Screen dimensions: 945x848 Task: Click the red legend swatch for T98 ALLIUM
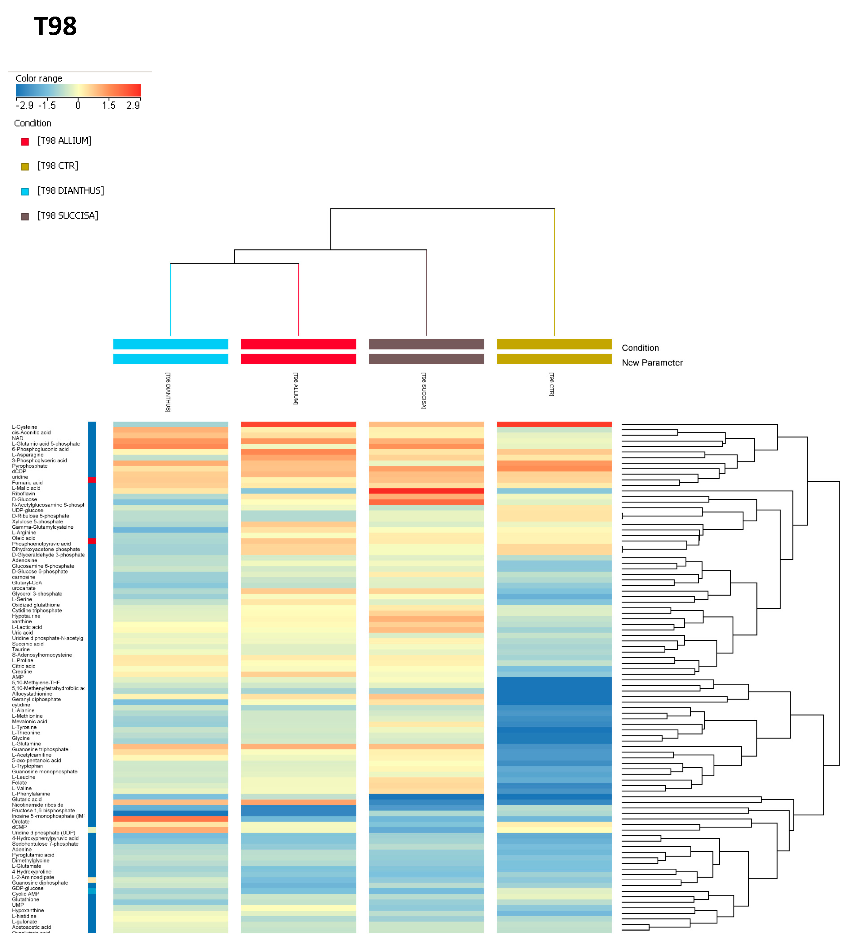pos(25,142)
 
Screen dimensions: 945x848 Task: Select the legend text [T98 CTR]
pos(57,166)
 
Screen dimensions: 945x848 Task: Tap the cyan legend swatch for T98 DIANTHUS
pos(25,192)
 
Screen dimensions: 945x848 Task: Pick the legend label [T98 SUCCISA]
pos(67,216)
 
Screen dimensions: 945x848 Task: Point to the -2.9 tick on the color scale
pos(24,105)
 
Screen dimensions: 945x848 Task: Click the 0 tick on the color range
pos(78,105)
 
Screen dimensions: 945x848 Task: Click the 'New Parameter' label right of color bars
pos(652,363)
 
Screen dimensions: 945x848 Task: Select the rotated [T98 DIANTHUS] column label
pos(168,392)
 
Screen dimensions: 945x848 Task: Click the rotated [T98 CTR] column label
pos(552,385)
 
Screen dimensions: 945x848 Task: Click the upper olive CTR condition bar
pos(554,344)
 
